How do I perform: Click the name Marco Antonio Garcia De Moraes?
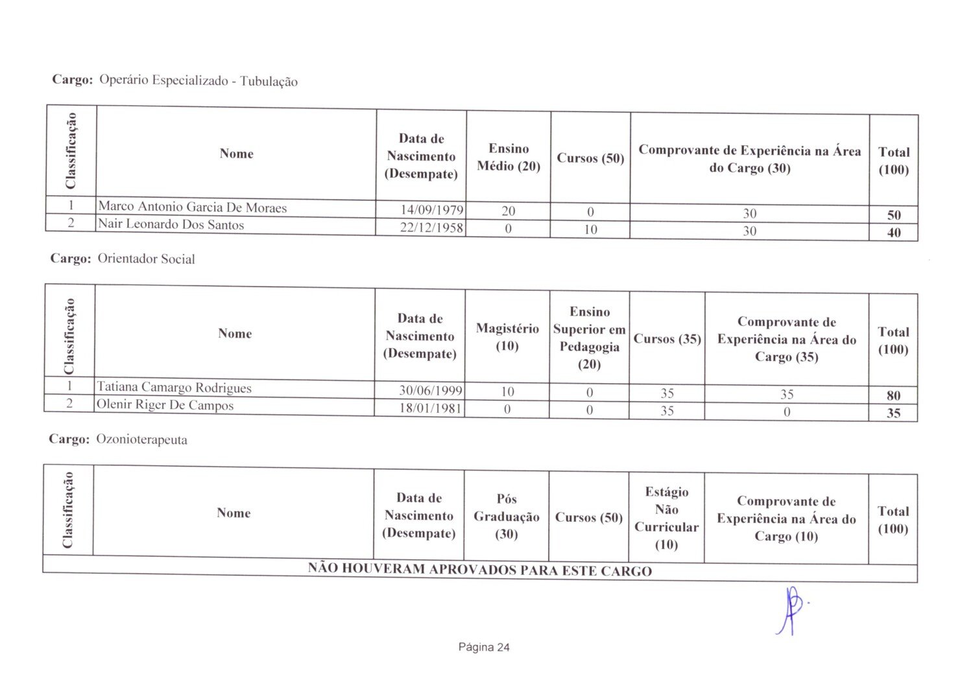192,207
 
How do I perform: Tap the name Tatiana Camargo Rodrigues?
174,388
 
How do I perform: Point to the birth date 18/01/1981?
431,408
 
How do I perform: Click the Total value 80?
893,395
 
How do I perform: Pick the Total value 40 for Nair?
893,233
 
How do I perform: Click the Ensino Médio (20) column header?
509,157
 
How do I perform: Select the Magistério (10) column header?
507,337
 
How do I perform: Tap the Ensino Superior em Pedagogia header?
589,338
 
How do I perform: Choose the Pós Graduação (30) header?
507,517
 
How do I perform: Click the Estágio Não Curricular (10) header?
666,518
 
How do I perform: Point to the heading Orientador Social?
146,259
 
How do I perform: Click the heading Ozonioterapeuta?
141,439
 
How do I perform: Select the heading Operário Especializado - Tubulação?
198,81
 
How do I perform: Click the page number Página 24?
484,647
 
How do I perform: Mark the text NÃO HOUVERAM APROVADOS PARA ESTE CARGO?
479,570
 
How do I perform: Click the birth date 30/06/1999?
431,391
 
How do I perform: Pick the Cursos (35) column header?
667,339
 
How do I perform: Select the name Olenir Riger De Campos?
165,405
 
